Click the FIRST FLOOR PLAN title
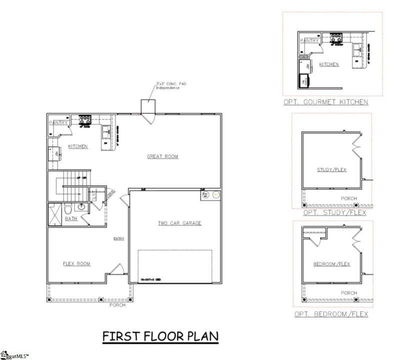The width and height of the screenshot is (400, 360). tap(160, 336)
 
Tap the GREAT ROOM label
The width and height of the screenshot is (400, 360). tap(162, 156)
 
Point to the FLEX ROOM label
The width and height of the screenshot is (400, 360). tap(76, 263)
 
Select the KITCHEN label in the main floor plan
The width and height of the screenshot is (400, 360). tap(78, 146)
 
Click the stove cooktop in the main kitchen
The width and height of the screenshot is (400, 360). tap(84, 119)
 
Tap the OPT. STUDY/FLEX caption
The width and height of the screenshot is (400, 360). tap(334, 212)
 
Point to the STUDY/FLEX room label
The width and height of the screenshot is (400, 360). tap(331, 170)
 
